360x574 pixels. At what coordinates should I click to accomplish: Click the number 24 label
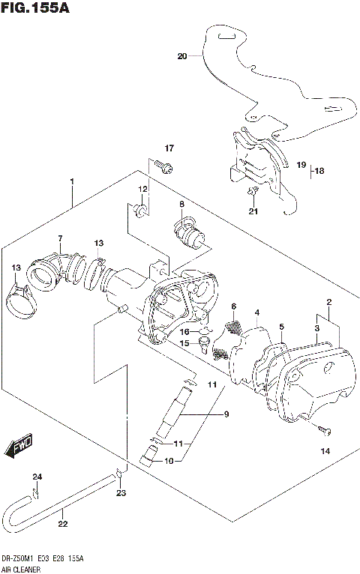(37, 477)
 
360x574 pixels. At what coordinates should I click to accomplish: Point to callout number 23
(121, 492)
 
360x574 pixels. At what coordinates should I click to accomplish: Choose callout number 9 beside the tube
(205, 414)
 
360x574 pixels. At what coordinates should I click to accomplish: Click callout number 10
(168, 461)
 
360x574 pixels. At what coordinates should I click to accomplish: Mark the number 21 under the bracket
(253, 211)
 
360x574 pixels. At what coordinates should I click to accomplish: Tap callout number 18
(320, 171)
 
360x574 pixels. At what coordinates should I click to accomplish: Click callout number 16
(184, 331)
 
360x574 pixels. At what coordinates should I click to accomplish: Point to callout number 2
(328, 302)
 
